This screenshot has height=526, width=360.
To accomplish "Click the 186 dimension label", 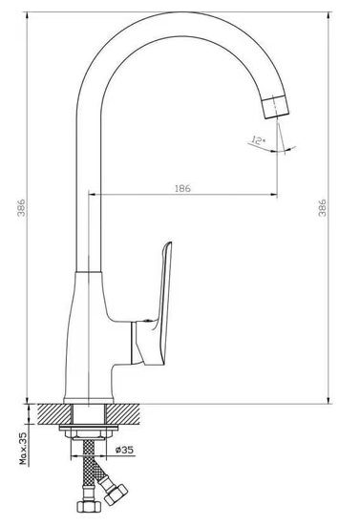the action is (x=182, y=188).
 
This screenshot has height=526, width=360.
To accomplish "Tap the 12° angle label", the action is (x=258, y=140).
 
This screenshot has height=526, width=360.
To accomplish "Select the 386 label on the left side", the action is (x=21, y=208).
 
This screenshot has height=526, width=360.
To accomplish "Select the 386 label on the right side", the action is (x=322, y=208).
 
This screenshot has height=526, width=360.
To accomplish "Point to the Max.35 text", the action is (x=23, y=449).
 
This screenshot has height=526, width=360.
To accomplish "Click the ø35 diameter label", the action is (x=124, y=450).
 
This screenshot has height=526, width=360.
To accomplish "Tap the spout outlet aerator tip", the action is (x=275, y=106).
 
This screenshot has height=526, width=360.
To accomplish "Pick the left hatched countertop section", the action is (x=54, y=413).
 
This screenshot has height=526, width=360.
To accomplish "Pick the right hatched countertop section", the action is (x=123, y=413).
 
